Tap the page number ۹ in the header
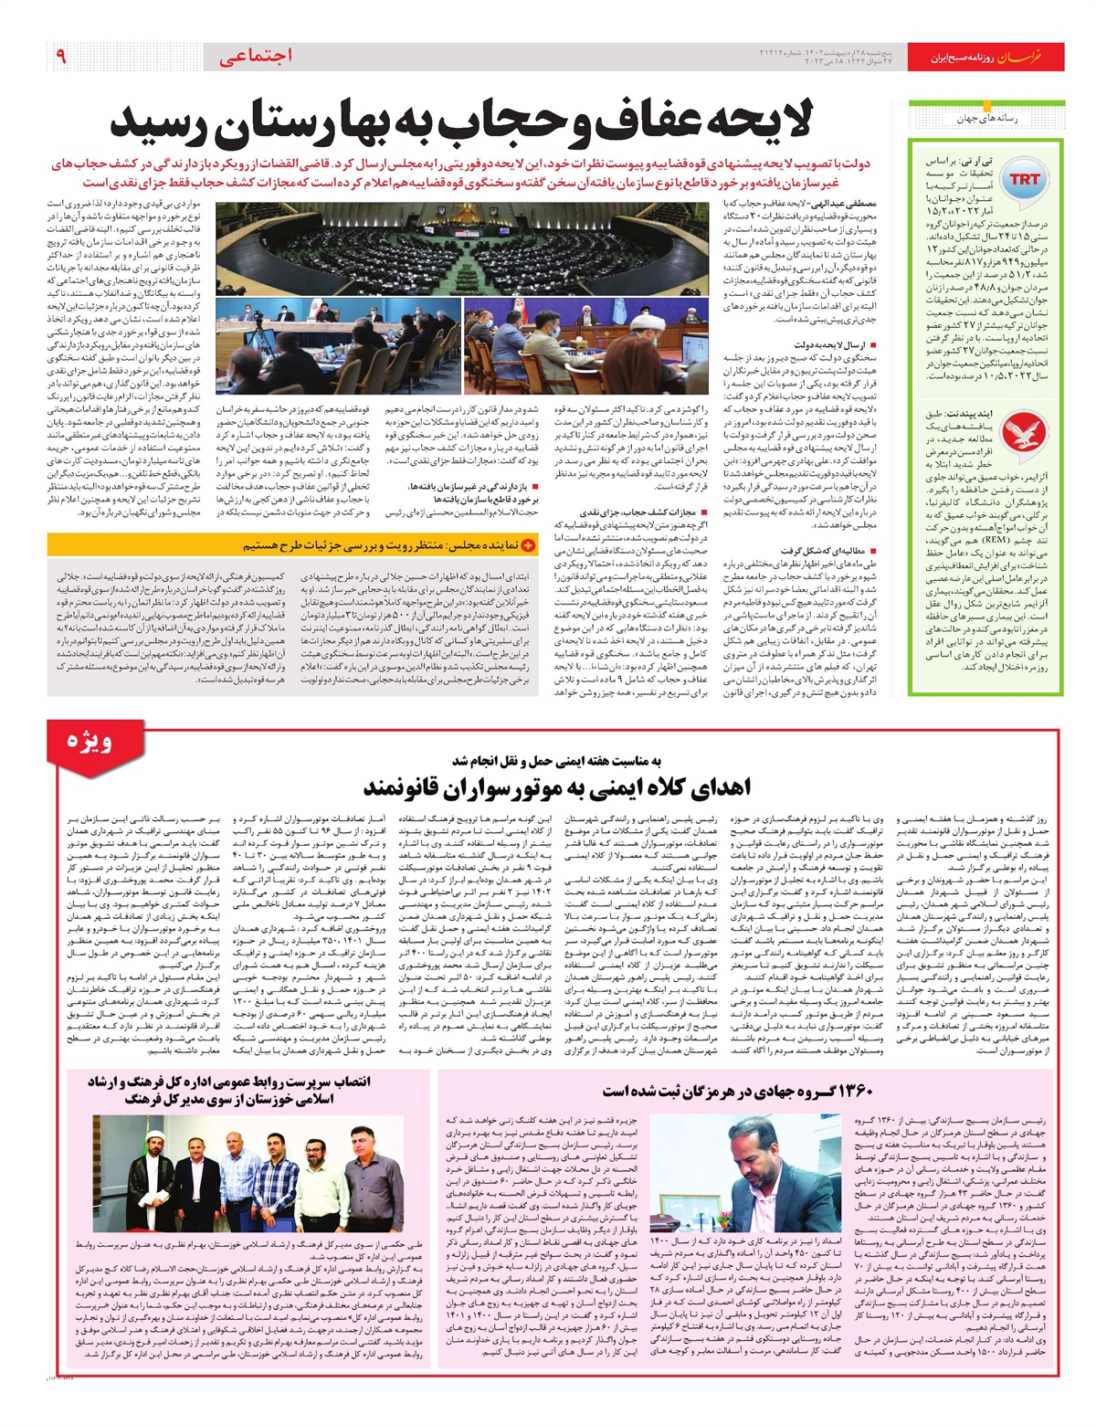60,57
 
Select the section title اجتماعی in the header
257,57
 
